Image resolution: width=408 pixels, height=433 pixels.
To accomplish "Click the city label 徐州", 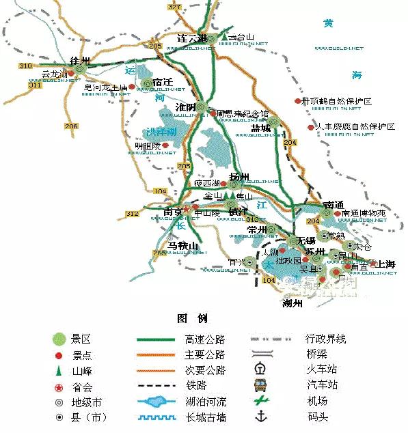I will pyautogui.click(x=80, y=60).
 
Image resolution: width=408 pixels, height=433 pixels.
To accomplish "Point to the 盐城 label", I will pyautogui.click(x=261, y=128).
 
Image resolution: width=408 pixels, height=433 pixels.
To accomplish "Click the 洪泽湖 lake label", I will pyautogui.click(x=161, y=131).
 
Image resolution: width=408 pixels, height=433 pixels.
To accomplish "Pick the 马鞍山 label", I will pyautogui.click(x=182, y=246).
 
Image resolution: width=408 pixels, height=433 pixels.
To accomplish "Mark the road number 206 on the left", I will pyautogui.click(x=71, y=126).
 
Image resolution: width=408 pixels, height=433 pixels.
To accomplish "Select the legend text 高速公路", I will pyautogui.click(x=204, y=339).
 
